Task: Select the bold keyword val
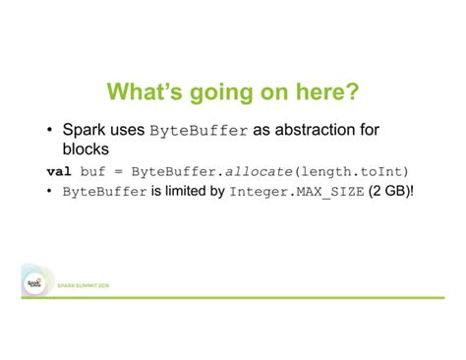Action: tap(59, 170)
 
